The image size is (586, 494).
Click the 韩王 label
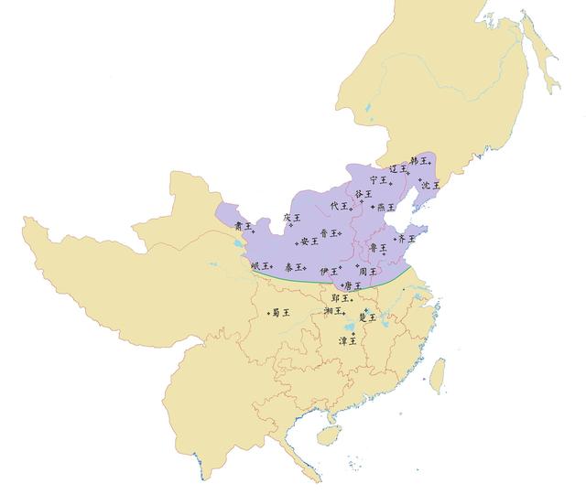[x=418, y=161]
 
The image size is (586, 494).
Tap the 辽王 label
[x=397, y=169]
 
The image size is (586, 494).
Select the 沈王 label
[x=429, y=185]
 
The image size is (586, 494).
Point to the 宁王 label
[x=377, y=180]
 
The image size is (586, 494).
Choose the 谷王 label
[x=363, y=194]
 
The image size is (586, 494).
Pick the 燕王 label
[x=385, y=208]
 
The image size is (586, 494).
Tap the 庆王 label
[x=291, y=218]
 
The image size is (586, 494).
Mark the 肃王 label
[x=242, y=225]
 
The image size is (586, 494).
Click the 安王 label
[x=309, y=242]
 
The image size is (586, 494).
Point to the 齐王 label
[x=405, y=238]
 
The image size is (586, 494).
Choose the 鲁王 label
[x=377, y=247]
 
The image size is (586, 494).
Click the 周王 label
[x=367, y=272]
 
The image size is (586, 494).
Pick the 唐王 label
[x=352, y=285]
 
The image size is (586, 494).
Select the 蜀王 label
[x=280, y=312]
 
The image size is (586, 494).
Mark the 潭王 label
[x=348, y=341]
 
